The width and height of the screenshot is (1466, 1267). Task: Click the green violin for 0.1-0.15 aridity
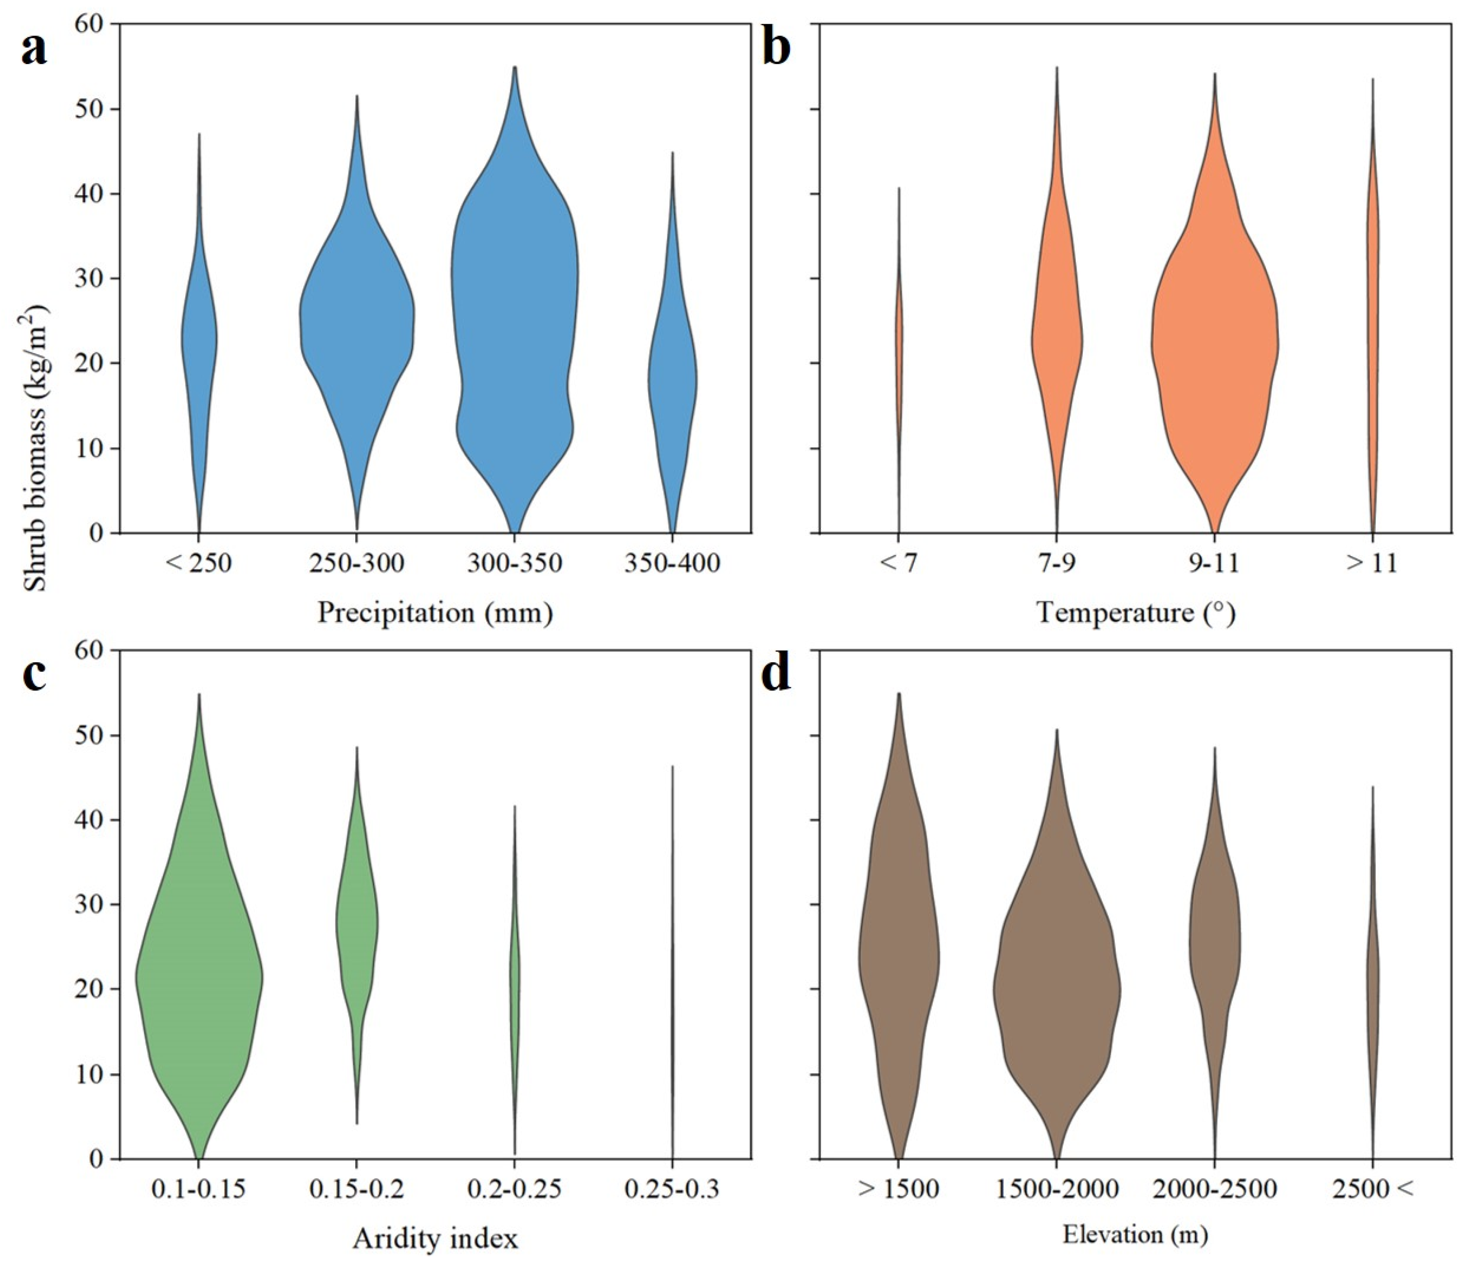(x=199, y=976)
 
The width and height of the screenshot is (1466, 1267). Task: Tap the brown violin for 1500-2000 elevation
(x=1057, y=990)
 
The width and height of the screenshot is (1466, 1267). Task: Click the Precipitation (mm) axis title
(x=434, y=612)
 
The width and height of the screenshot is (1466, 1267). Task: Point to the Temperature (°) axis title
(x=1136, y=612)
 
